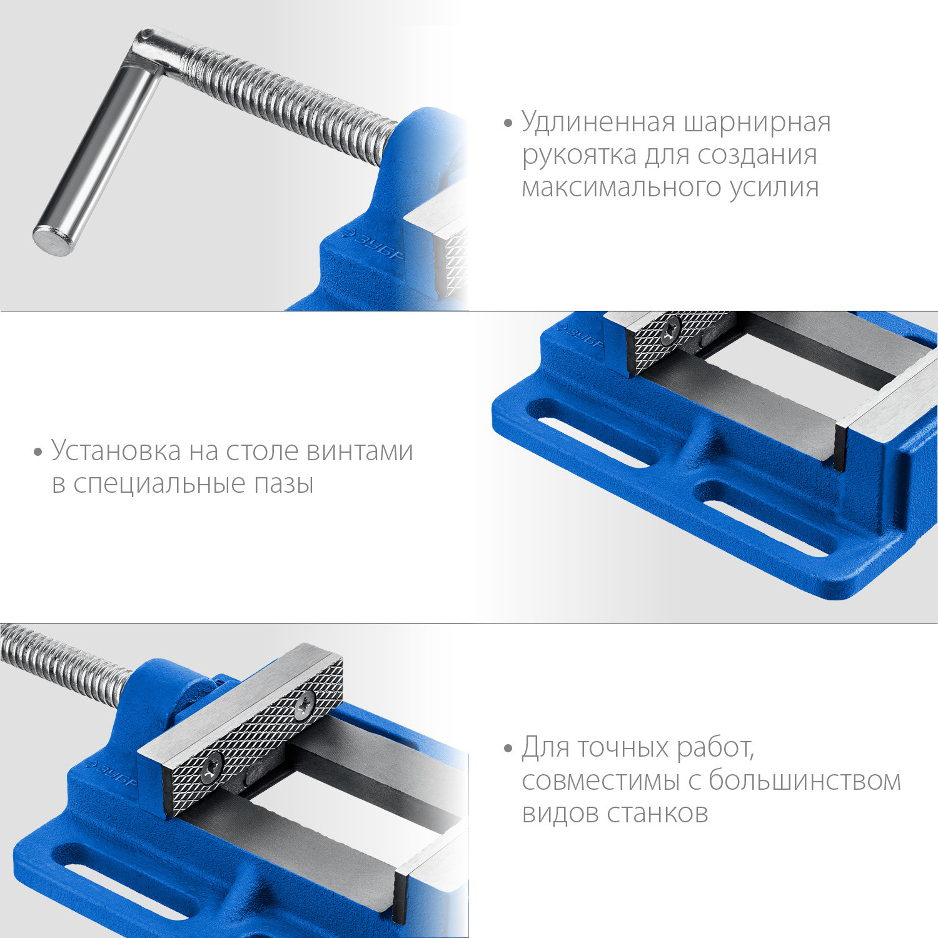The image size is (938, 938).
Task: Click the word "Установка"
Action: (x=116, y=451)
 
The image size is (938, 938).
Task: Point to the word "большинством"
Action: (x=805, y=780)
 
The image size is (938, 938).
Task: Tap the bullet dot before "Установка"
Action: (x=38, y=452)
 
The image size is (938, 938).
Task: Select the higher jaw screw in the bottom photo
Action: (x=305, y=705)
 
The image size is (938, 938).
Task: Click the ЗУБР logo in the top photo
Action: (x=373, y=245)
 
